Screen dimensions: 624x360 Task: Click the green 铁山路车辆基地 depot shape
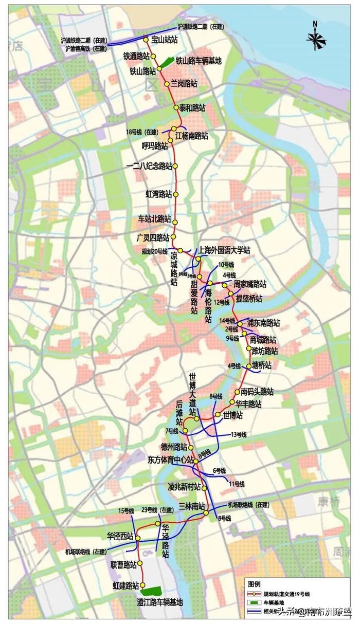pos(165,61)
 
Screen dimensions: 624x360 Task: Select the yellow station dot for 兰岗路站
pos(167,84)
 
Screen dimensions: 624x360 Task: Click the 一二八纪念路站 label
pos(149,166)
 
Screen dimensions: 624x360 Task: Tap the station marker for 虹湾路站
pos(175,195)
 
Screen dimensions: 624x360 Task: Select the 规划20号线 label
pos(154,251)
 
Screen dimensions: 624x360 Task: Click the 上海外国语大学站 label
pos(225,250)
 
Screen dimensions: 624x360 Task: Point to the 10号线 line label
pos(226,265)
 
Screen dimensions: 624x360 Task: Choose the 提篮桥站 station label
pos(249,298)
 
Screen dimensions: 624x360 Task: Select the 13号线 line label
pos(238,434)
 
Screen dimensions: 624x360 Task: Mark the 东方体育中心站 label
pos(170,460)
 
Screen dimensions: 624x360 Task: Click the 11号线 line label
pos(237,484)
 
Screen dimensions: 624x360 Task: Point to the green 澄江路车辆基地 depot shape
pos(152,591)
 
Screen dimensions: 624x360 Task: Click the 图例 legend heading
pos(254,584)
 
